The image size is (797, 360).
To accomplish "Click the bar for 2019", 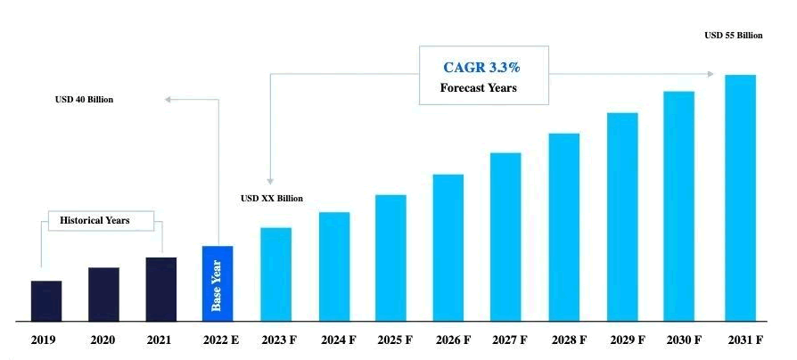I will coord(46,300).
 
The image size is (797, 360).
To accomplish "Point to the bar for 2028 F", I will coord(564,226).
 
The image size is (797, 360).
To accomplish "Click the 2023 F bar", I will coord(275,274).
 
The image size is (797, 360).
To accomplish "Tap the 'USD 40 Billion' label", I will coord(85,99).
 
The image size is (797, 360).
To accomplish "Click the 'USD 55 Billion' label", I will coord(734,36).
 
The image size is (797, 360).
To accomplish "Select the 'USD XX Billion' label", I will coord(272,198).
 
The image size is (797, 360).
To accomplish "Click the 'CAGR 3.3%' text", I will coord(481,67).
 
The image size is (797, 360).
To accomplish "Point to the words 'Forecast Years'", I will coord(479,88).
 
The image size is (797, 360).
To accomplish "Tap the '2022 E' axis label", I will coord(219,340).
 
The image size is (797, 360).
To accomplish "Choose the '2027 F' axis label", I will coord(508,340).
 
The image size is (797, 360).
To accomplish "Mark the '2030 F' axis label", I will coord(682,340).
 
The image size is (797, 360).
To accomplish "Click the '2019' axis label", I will coord(45,340).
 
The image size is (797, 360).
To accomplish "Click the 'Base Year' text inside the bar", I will coord(217,285).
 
